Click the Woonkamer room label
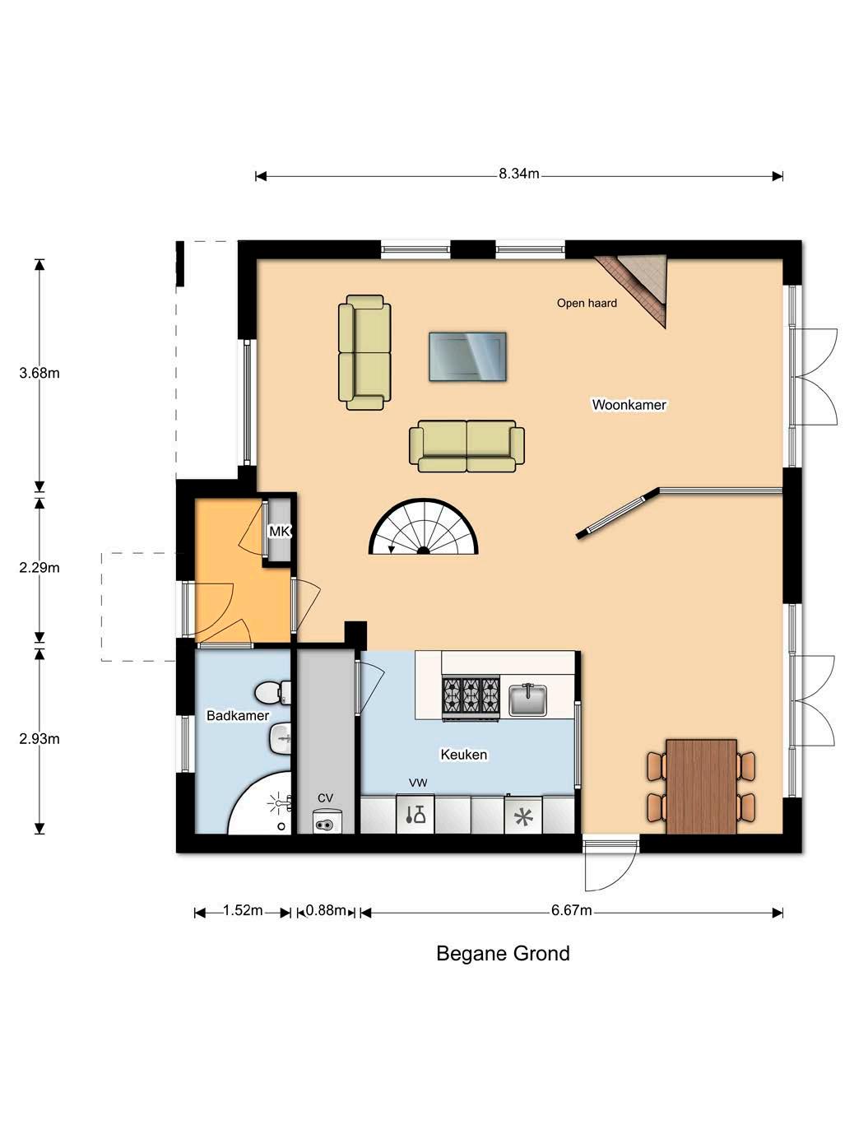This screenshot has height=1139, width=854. (x=629, y=405)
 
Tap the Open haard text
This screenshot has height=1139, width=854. (x=587, y=303)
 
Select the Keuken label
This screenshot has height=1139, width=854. (x=463, y=755)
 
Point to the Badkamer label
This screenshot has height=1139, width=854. (x=238, y=715)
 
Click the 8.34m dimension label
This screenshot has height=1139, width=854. (x=518, y=174)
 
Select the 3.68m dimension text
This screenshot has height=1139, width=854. (x=39, y=373)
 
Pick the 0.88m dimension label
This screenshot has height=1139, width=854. (x=326, y=911)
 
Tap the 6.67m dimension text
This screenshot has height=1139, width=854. (x=571, y=911)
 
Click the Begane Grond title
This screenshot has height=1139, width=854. (x=503, y=954)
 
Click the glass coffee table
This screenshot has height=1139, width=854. (x=467, y=357)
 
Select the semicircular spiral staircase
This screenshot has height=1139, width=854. (x=423, y=528)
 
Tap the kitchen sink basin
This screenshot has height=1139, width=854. (x=528, y=700)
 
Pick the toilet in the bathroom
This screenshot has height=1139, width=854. (x=272, y=692)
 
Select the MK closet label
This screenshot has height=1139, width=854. (x=280, y=532)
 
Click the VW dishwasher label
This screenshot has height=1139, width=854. (x=418, y=783)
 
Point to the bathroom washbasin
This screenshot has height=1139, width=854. (x=280, y=738)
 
